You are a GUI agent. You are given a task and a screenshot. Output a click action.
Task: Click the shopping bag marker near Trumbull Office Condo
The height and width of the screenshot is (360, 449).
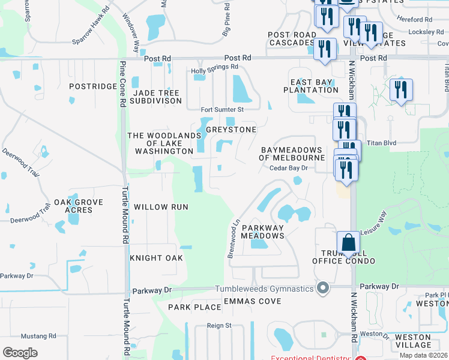348,244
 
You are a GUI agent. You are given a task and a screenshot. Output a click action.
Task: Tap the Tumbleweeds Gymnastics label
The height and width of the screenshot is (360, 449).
265,289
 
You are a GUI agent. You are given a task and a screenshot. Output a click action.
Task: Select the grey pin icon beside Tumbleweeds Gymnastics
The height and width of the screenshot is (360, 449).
324,289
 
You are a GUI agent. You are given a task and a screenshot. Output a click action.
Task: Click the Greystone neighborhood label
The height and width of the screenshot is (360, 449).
231,130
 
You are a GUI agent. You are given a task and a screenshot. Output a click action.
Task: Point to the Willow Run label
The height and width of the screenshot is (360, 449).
161,207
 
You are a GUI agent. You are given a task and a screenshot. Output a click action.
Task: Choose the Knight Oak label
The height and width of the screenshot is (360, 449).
156,258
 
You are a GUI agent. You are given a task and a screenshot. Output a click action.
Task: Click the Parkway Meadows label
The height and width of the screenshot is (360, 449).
262,232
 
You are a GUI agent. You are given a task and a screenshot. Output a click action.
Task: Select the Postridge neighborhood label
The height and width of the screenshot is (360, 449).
92,86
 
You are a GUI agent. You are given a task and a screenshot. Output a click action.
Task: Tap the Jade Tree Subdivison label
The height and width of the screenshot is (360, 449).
157,97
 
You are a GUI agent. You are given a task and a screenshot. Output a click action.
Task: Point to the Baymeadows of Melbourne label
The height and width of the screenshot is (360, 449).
291,154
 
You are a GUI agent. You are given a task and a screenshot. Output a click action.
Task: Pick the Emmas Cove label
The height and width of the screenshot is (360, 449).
252,301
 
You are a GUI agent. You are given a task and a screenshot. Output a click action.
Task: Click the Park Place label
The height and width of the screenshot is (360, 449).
195,307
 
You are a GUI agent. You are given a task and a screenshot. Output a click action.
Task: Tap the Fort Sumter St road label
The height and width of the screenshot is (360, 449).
222,110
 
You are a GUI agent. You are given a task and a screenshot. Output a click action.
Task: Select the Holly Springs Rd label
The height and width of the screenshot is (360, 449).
214,68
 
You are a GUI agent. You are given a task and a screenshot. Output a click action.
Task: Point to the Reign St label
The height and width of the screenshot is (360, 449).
219,325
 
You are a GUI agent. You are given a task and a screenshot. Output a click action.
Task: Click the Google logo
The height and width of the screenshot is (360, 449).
20,353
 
